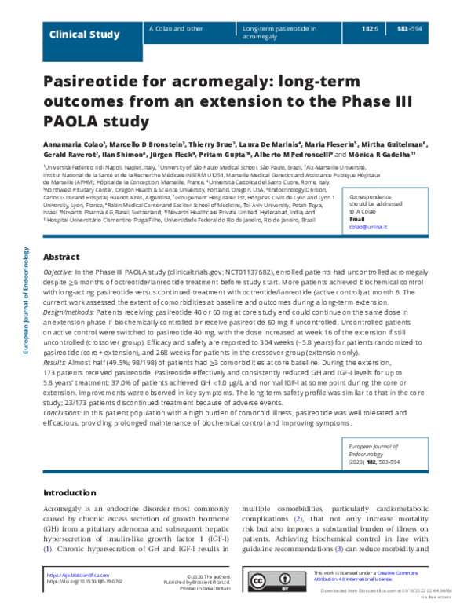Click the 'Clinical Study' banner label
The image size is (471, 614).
point(84,35)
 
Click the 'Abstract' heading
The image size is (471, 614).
point(60,257)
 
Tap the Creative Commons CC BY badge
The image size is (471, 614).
point(277,580)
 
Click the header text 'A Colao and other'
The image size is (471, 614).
point(174,28)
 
